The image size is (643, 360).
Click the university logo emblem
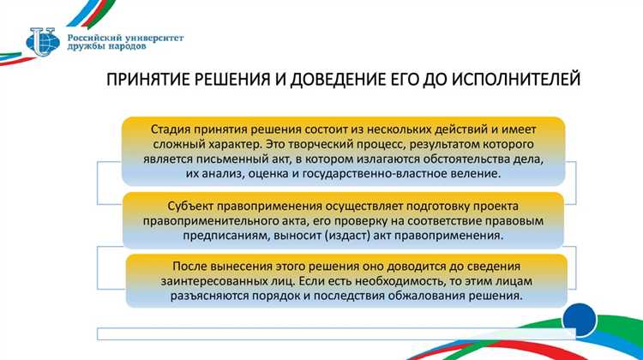coord(43,41)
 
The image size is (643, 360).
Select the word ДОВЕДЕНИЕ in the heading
coord(338,81)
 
